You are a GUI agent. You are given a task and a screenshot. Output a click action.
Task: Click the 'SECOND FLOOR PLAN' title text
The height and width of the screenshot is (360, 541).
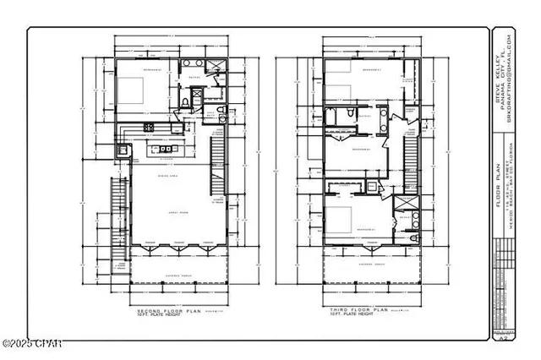161,311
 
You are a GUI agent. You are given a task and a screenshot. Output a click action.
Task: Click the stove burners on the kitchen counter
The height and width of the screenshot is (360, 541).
148,127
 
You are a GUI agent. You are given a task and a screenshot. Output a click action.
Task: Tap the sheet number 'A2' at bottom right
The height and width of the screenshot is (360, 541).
504,335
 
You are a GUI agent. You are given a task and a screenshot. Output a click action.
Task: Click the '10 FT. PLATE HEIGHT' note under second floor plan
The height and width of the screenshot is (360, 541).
161,318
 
